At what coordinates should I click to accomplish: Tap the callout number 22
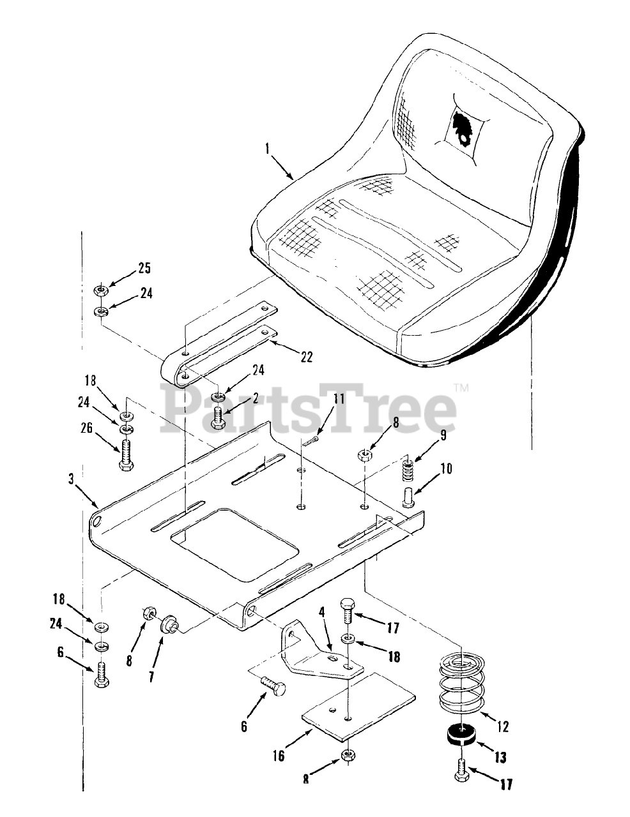[x=307, y=357]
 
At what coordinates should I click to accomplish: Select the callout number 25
[x=144, y=268]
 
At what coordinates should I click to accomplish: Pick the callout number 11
[x=338, y=400]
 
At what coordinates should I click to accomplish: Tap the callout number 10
[x=445, y=469]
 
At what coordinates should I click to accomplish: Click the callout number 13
[x=500, y=758]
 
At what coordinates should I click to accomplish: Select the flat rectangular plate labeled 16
[x=358, y=707]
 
